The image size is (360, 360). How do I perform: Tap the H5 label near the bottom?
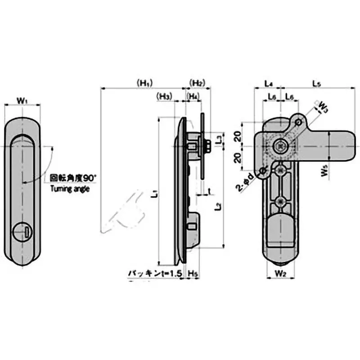tap(192, 273)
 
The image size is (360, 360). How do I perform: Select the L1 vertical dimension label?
tap(154, 194)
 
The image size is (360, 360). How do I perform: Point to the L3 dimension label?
tap(218, 139)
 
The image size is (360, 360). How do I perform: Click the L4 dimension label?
tap(268, 83)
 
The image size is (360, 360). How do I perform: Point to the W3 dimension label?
tap(323, 106)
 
